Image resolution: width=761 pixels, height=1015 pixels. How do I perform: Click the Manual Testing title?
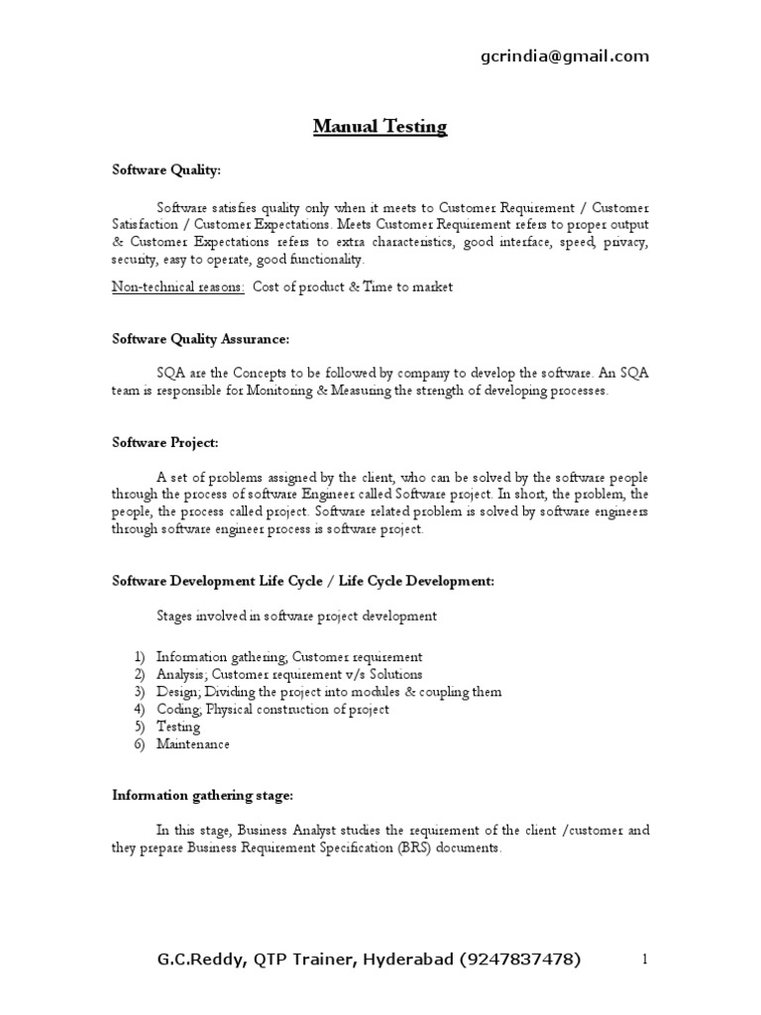[380, 127]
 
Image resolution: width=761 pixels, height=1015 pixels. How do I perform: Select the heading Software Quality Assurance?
[200, 340]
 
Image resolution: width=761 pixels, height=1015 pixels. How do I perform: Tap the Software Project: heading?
[158, 441]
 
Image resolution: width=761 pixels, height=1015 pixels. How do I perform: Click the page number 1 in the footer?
[644, 959]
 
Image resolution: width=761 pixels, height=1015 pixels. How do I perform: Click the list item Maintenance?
[192, 743]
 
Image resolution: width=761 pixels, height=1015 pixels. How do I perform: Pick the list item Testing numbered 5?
[177, 727]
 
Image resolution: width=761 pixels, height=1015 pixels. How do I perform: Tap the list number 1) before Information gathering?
[139, 657]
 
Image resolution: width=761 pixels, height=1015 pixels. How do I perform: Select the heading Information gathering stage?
[202, 796]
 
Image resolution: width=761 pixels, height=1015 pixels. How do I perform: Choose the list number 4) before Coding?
[139, 710]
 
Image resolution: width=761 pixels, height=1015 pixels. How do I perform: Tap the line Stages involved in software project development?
[296, 616]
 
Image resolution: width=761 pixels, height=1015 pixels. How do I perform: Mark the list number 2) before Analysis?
[139, 674]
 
